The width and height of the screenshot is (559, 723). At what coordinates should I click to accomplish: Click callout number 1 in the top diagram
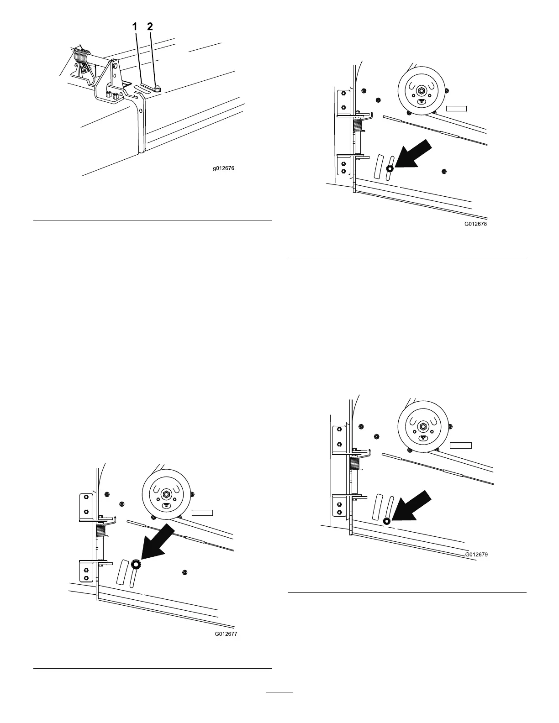135,27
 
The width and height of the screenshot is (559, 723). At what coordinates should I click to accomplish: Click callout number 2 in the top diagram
150,27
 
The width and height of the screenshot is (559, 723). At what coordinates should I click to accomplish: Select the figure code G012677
227,634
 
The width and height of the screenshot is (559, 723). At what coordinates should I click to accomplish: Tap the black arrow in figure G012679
411,505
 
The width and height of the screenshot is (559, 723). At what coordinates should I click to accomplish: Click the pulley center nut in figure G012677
166,493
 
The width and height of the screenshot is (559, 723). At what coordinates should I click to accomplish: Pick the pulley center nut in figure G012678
421,89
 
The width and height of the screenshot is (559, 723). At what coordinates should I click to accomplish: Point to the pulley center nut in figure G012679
422,426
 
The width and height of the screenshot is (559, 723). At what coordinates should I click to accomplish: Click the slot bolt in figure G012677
136,564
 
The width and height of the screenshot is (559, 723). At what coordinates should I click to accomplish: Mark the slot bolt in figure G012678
390,168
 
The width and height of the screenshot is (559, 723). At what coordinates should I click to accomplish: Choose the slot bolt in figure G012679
386,521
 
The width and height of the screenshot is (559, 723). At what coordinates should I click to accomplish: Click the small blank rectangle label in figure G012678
456,108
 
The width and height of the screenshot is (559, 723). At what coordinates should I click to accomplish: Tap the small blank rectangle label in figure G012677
202,513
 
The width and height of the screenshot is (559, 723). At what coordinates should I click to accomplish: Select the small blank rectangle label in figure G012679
460,445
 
